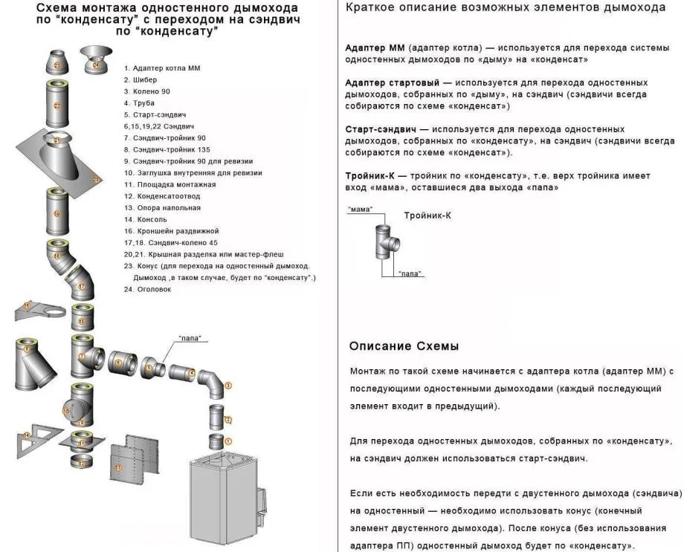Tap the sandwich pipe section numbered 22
[57, 104]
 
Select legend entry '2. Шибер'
[141, 79]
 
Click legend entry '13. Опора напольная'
[162, 208]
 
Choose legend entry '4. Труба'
[139, 103]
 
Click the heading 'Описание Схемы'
[404, 346]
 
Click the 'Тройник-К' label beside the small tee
[427, 215]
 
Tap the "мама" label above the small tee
[359, 210]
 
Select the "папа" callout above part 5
[189, 339]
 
